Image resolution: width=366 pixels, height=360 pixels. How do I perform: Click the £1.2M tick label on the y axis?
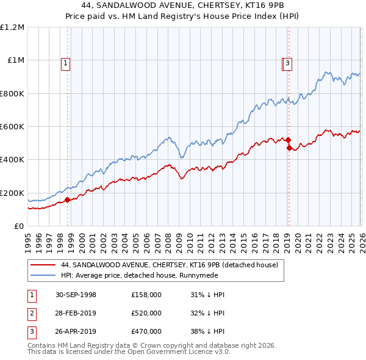point(12,27)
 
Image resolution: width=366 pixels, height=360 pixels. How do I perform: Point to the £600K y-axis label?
point(12,127)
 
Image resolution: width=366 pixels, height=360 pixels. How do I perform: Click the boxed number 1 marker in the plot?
point(65,62)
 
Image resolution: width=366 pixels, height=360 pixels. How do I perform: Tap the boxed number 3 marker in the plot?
point(287,62)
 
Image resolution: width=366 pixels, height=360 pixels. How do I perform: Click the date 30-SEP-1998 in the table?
point(76,295)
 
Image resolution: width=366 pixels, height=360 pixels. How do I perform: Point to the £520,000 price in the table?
point(146,314)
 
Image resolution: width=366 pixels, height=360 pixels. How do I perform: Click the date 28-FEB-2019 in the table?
point(76,314)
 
